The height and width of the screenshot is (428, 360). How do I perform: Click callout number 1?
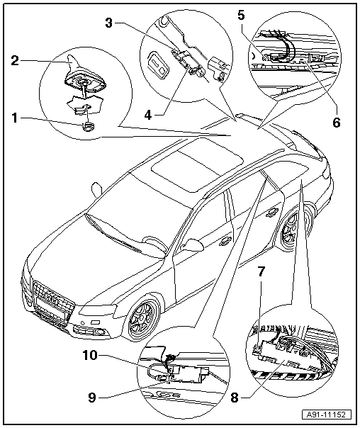14,118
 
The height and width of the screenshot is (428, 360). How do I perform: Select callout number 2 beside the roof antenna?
15,60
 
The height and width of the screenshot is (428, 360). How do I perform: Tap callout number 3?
109,23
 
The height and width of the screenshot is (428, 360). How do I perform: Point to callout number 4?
148,116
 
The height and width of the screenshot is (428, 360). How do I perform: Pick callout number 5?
241,15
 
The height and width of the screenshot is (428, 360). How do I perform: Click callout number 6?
337,123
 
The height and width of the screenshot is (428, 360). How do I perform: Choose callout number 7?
261,271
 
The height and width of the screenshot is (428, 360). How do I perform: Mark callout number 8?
235,398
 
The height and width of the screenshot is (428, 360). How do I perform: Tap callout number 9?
92,398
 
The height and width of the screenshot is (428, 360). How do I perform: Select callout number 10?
90,355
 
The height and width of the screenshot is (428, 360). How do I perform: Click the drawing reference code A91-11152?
327,415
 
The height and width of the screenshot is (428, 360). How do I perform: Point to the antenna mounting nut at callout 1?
88,127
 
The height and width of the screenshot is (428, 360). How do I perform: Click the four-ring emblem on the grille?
50,296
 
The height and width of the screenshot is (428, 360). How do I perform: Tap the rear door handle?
270,212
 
